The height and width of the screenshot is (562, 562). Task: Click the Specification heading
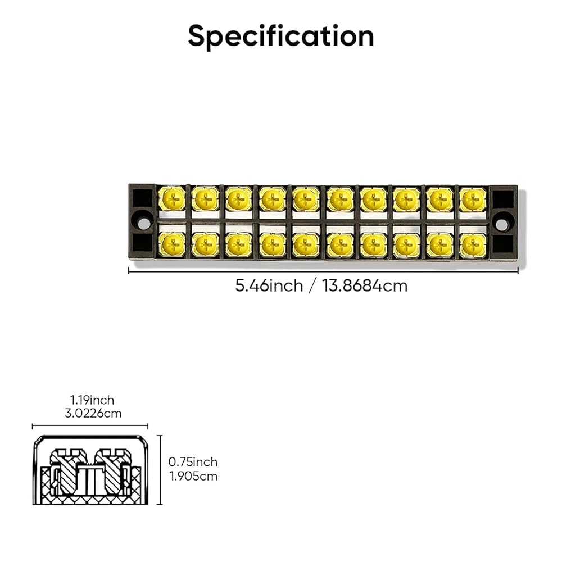tap(281, 36)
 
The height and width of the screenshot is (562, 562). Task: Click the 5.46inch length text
tap(269, 285)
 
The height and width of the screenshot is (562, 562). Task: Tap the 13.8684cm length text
tap(365, 285)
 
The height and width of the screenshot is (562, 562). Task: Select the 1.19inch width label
tap(92, 400)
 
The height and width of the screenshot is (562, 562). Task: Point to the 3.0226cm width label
tap(92, 413)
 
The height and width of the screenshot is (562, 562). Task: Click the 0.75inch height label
tap(193, 462)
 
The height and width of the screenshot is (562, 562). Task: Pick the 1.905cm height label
tap(193, 476)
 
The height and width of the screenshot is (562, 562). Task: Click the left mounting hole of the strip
tap(144, 223)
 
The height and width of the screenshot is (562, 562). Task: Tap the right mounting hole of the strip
tap(502, 224)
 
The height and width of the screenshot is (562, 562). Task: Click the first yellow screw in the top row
tap(172, 198)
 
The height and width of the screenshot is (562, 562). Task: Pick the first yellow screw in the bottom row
tap(172, 244)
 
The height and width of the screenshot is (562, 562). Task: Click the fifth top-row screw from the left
tap(306, 199)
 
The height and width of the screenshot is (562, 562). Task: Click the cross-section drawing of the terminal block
tap(90, 470)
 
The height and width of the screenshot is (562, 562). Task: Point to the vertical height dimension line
tap(160, 470)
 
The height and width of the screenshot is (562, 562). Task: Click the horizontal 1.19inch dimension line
tap(90, 427)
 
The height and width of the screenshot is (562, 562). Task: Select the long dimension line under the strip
tap(323, 270)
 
